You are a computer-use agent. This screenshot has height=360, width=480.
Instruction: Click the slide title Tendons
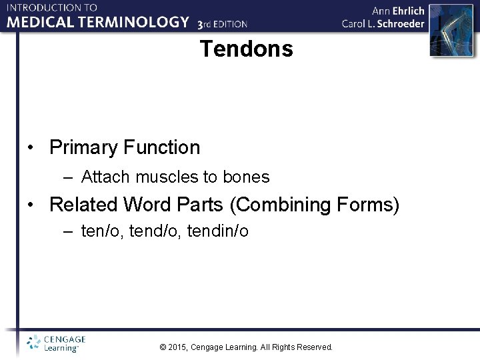(x=246, y=49)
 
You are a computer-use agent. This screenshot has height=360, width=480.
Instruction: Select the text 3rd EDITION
(x=223, y=24)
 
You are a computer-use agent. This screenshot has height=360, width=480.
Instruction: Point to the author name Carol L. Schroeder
(x=383, y=24)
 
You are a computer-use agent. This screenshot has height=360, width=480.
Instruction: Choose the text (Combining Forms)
(x=315, y=205)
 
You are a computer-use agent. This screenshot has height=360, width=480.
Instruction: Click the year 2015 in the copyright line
(x=178, y=347)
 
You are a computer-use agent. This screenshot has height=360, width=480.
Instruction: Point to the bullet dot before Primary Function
(x=31, y=148)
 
